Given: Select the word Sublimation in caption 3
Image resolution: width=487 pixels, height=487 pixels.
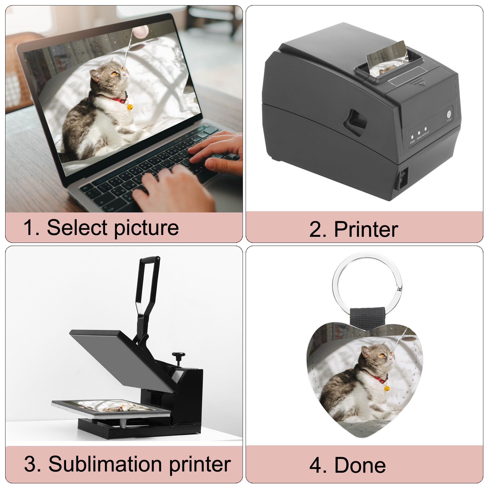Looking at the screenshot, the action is [x=105, y=464].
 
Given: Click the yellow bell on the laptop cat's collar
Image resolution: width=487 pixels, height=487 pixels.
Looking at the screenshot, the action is [x=130, y=107].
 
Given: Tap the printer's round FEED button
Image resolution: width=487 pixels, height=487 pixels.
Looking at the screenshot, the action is [x=449, y=115].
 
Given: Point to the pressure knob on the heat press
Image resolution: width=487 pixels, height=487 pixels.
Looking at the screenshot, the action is [x=178, y=357].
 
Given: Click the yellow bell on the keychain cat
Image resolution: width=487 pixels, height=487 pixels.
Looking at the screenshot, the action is [x=386, y=388].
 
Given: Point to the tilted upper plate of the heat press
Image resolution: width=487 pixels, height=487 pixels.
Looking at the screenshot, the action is [x=122, y=359].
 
